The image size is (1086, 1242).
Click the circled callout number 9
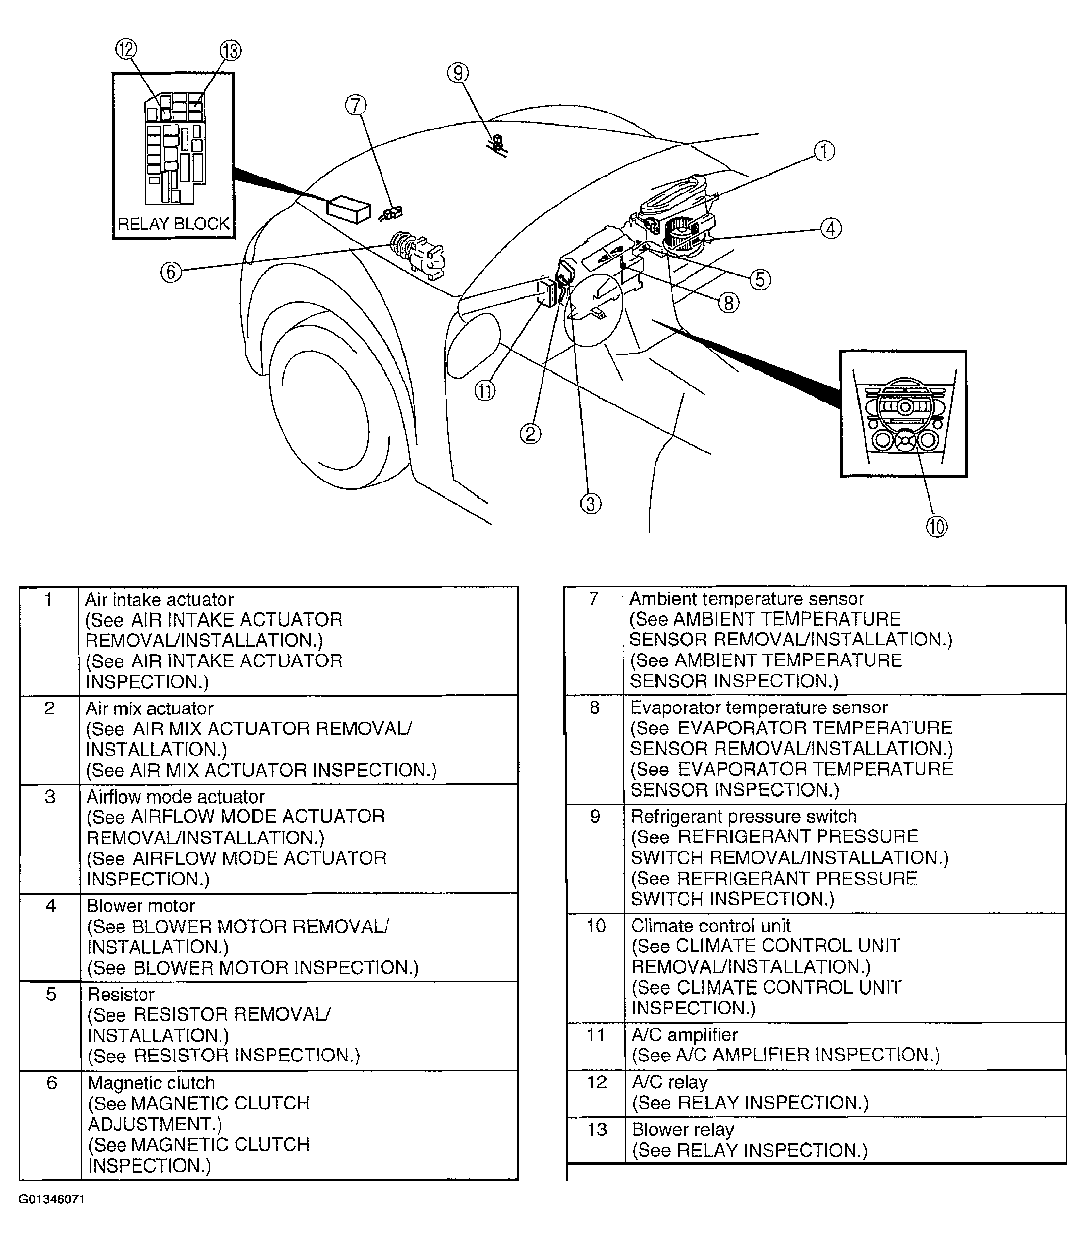(458, 73)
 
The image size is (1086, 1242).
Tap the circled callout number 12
(127, 49)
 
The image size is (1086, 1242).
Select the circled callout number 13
(230, 51)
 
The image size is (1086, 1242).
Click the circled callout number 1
(824, 151)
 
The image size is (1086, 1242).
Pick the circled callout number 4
(830, 229)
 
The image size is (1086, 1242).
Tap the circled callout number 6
(171, 272)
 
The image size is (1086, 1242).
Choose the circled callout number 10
(937, 527)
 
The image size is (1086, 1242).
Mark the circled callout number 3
(591, 504)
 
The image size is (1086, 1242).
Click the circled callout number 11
(485, 391)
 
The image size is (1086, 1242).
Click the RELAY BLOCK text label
(173, 223)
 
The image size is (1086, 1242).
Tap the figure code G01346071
(52, 1200)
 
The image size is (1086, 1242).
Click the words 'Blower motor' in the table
(141, 906)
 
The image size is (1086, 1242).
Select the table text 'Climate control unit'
(710, 926)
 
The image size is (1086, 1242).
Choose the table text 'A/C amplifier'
(684, 1035)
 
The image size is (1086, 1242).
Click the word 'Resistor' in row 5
(121, 994)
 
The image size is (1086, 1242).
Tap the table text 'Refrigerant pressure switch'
(744, 816)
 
